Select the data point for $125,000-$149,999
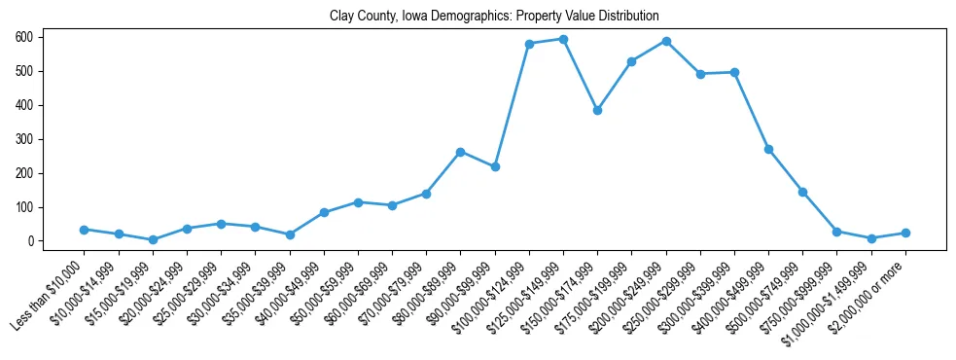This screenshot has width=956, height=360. [x=563, y=39]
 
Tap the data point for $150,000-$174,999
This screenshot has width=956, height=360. [x=597, y=110]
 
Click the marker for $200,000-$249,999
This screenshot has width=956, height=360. [x=666, y=41]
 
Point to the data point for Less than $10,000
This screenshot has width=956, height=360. [x=84, y=230]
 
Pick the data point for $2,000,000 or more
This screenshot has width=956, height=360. [x=905, y=233]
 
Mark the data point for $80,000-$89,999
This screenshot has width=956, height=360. [x=460, y=152]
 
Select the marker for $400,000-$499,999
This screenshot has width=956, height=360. [x=768, y=149]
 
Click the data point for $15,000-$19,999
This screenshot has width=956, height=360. [x=153, y=239]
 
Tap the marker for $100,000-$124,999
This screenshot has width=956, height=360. [x=529, y=44]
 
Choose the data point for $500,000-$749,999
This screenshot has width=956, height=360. [x=802, y=192]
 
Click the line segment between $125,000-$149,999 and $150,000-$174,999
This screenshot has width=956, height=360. [x=581, y=75]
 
